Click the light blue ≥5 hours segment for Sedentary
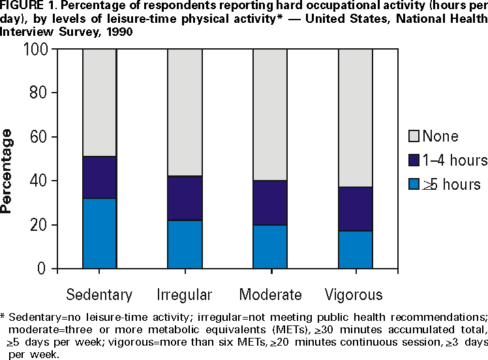click(x=99, y=233)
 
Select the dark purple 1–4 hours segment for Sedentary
click(x=99, y=177)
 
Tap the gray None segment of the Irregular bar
click(x=185, y=112)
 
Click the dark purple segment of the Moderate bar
click(x=270, y=203)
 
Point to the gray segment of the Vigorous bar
click(x=355, y=118)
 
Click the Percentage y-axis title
click(x=8, y=171)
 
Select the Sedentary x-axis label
click(x=99, y=293)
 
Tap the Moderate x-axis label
click(x=270, y=293)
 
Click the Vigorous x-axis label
click(x=356, y=293)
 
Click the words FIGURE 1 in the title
click(x=24, y=6)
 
